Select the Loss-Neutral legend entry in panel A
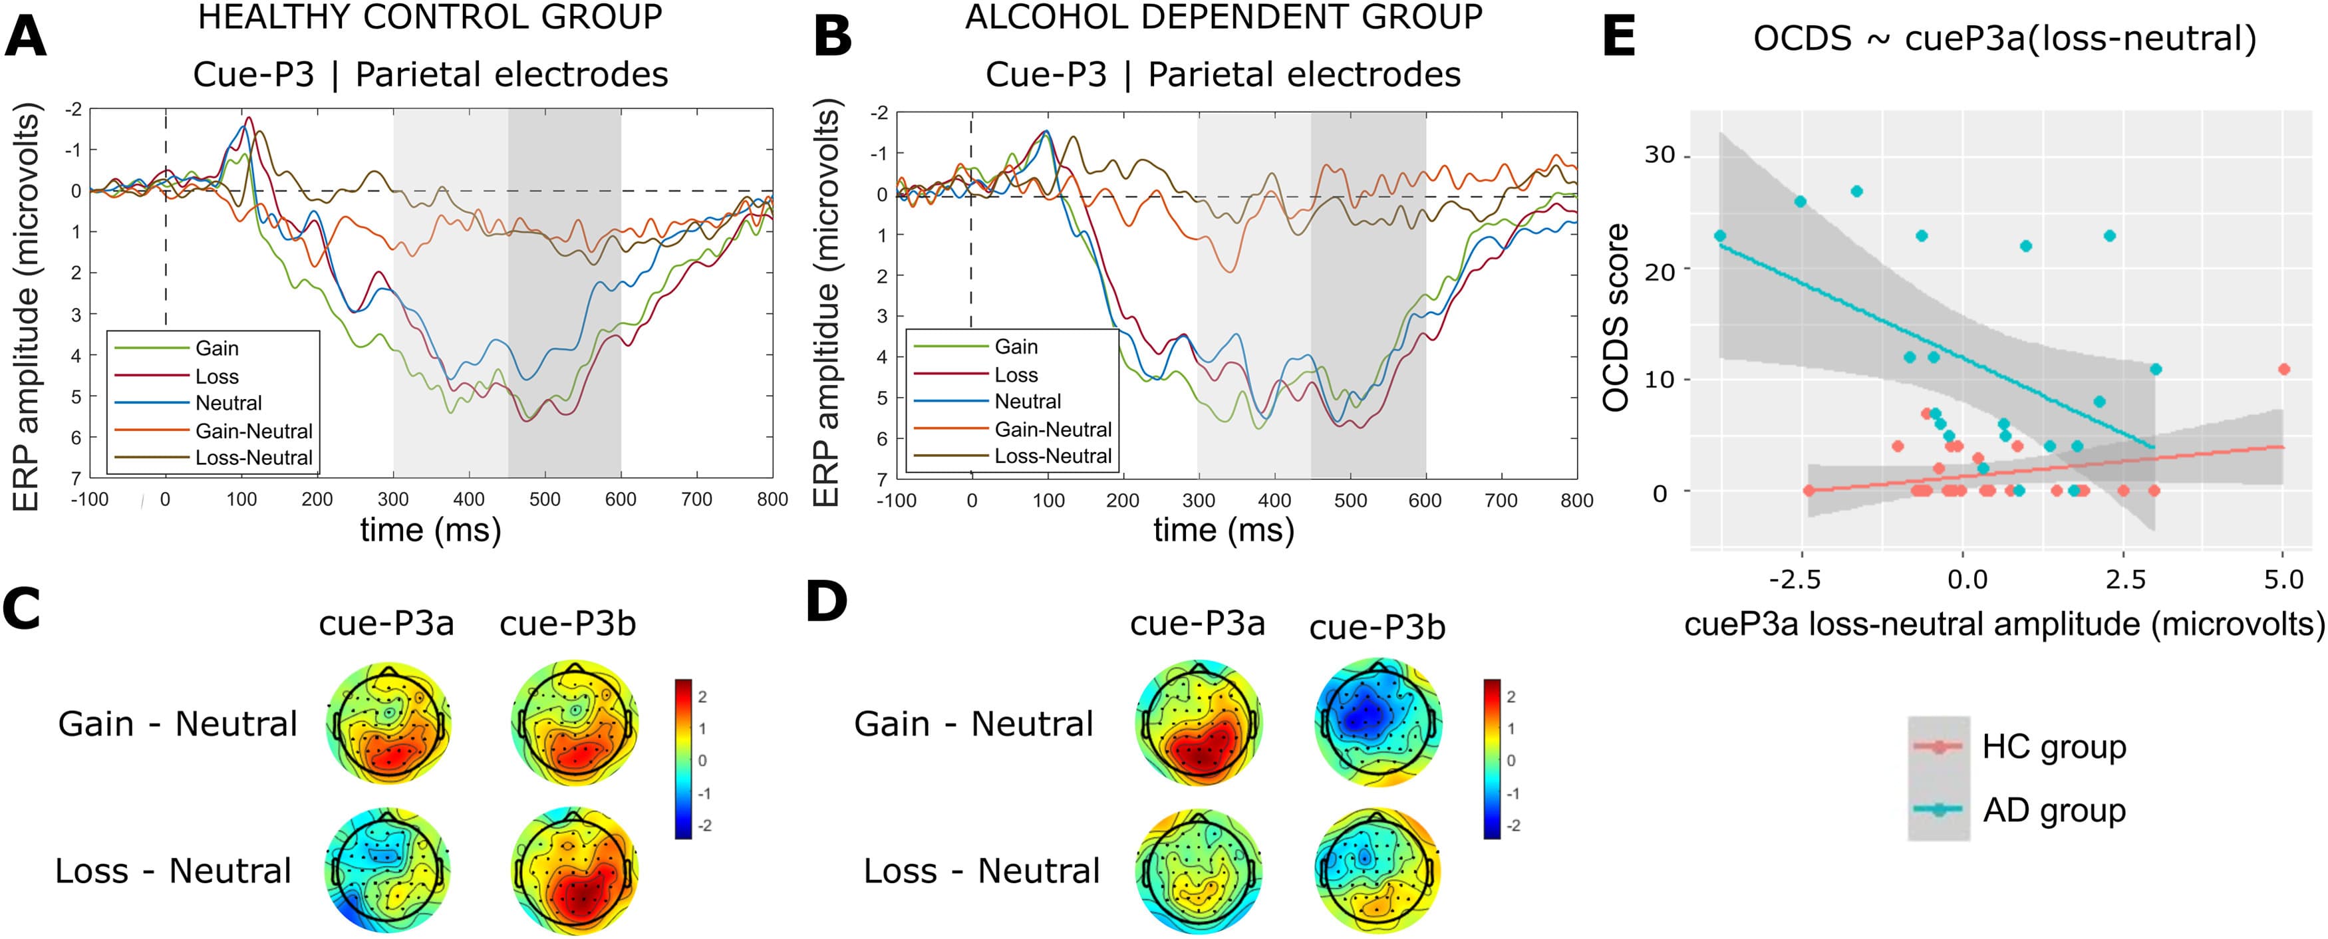click(x=253, y=458)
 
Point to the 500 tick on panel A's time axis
click(x=545, y=499)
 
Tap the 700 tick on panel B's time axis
click(x=1501, y=501)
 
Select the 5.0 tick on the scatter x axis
click(x=2283, y=579)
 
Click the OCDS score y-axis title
click(x=1616, y=317)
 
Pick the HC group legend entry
click(x=2053, y=747)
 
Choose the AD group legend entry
click(x=2053, y=811)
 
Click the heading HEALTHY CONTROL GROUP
click(x=430, y=17)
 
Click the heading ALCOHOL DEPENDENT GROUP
click(x=1224, y=17)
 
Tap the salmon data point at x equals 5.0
click(x=2283, y=368)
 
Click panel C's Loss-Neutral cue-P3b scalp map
click(x=575, y=871)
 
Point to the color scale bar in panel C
click(x=683, y=759)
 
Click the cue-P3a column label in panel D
click(x=1197, y=624)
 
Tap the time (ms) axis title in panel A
click(x=430, y=529)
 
